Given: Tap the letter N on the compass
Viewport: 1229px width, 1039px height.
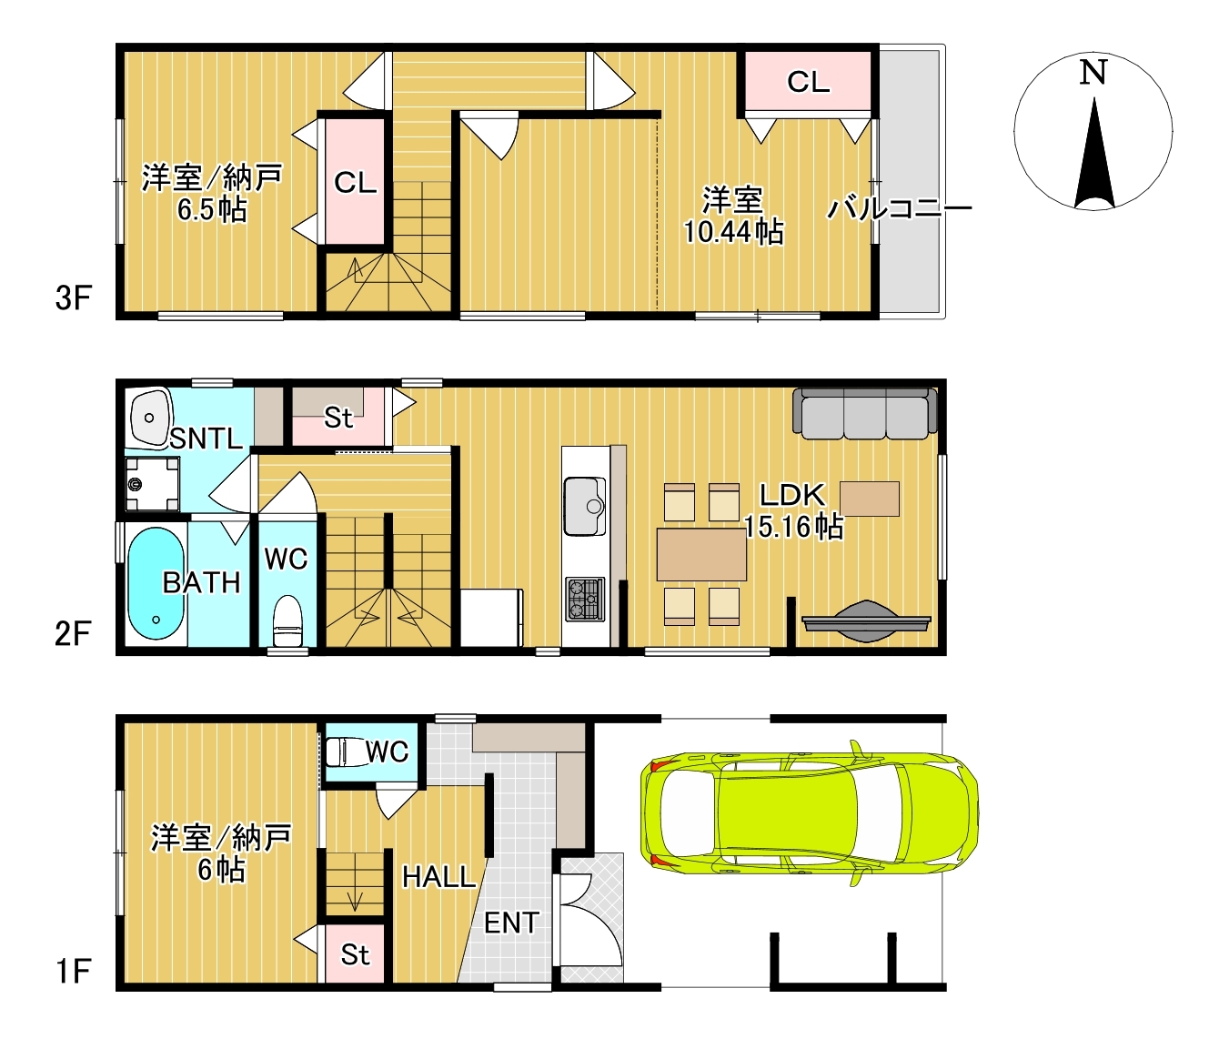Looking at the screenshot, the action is pyautogui.click(x=1093, y=72).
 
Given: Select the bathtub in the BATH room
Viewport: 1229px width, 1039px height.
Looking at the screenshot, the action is pyautogui.click(x=156, y=583).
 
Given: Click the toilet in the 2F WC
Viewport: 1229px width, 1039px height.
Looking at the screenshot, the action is pyautogui.click(x=287, y=620).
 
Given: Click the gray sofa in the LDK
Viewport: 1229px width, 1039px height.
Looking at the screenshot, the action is pyautogui.click(x=865, y=414).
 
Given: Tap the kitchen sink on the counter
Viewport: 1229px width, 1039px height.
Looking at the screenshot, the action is pyautogui.click(x=584, y=506).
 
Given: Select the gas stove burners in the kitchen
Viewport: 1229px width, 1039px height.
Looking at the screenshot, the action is pyautogui.click(x=584, y=599).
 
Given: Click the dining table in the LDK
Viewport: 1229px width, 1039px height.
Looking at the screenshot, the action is pyautogui.click(x=701, y=554).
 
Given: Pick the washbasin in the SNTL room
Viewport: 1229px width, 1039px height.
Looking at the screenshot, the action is pyautogui.click(x=149, y=417).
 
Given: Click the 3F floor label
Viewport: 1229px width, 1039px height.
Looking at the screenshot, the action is pyautogui.click(x=73, y=298).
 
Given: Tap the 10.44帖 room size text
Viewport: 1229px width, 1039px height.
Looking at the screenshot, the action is pyautogui.click(x=734, y=232).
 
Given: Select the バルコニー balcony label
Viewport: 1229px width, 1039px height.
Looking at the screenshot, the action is pyautogui.click(x=899, y=208).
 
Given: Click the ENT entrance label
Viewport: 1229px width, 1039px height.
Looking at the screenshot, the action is pyautogui.click(x=511, y=923).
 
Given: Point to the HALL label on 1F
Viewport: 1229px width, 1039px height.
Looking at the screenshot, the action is pyautogui.click(x=438, y=877).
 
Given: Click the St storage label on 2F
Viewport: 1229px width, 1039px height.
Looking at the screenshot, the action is pyautogui.click(x=338, y=419).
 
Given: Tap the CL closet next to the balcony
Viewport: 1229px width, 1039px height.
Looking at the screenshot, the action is pyautogui.click(x=808, y=82).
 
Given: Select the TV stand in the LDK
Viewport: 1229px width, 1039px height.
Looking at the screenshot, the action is pyautogui.click(x=866, y=620).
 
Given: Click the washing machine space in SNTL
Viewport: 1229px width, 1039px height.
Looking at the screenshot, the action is pyautogui.click(x=152, y=484).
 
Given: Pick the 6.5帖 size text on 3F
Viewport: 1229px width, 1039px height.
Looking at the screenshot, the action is pyautogui.click(x=212, y=210).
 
